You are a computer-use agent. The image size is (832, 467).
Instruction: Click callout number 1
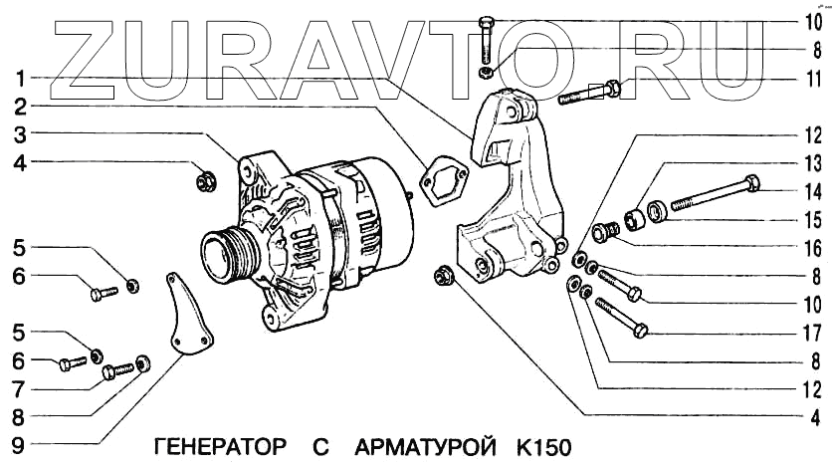click(20, 78)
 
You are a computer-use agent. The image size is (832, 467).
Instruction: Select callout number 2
click(20, 105)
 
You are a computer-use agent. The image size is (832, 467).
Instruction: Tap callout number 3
click(20, 133)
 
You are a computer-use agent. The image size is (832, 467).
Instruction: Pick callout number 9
click(20, 445)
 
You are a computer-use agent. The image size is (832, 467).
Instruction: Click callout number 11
click(814, 78)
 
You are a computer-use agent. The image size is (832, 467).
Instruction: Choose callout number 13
click(814, 161)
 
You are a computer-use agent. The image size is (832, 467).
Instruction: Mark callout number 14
click(814, 190)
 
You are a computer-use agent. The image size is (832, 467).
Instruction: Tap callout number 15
click(814, 218)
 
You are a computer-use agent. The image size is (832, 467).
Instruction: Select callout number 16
click(814, 247)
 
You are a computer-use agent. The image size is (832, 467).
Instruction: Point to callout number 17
click(814, 332)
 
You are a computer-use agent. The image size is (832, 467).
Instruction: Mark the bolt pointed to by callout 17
click(623, 317)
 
